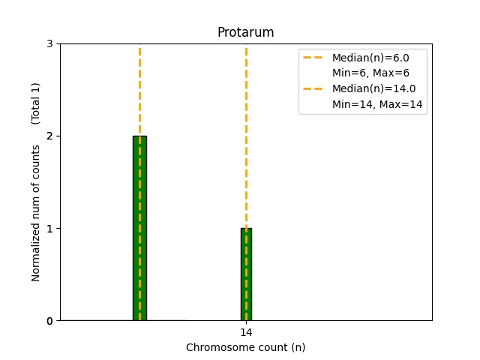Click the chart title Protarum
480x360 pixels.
tap(245, 33)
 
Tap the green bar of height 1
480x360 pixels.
tap(246, 274)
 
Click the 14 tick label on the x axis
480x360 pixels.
tap(246, 332)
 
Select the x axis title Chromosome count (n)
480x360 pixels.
tap(245, 347)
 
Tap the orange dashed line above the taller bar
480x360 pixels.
tap(139, 90)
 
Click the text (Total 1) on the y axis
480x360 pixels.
tap(36, 103)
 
